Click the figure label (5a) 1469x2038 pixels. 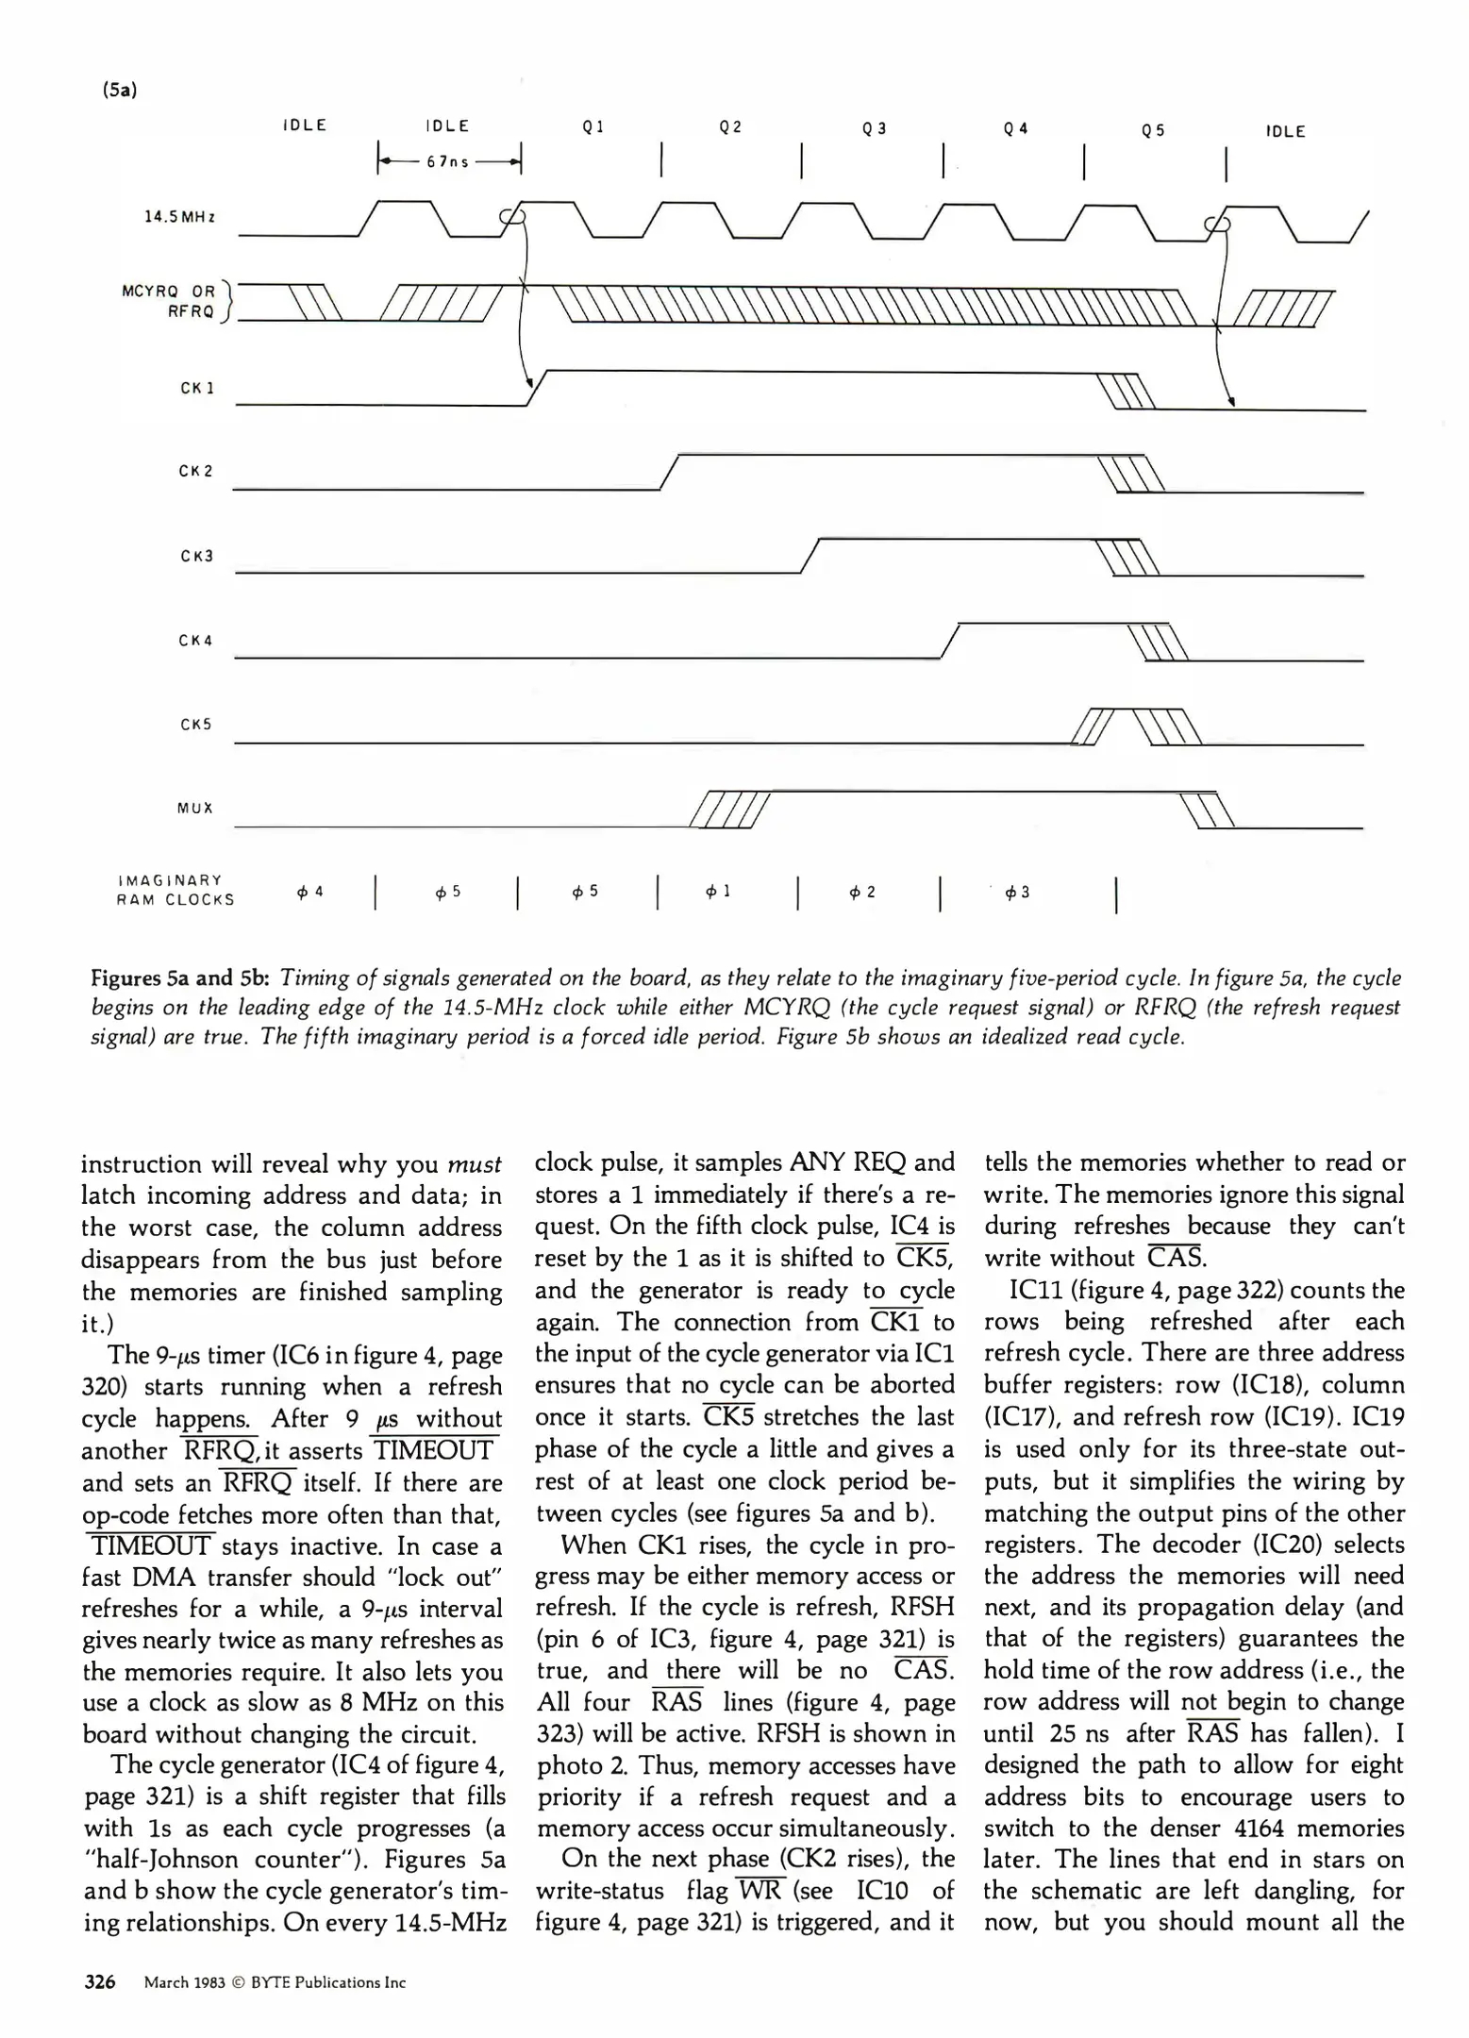click(x=120, y=91)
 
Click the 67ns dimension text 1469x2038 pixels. click(x=447, y=162)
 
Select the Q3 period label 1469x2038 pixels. click(x=875, y=129)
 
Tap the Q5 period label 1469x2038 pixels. click(x=1153, y=131)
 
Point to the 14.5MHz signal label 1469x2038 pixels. click(x=179, y=217)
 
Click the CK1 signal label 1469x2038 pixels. click(x=197, y=388)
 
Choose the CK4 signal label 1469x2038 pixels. click(x=195, y=641)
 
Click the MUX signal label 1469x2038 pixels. click(x=195, y=809)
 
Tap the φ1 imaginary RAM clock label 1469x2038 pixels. click(x=719, y=891)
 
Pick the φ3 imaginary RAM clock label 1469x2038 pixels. click(x=1017, y=892)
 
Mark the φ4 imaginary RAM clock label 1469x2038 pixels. click(x=309, y=891)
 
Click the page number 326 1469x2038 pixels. click(x=100, y=1982)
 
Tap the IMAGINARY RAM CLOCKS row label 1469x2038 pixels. click(x=175, y=890)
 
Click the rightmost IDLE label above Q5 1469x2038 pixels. click(x=1285, y=132)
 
